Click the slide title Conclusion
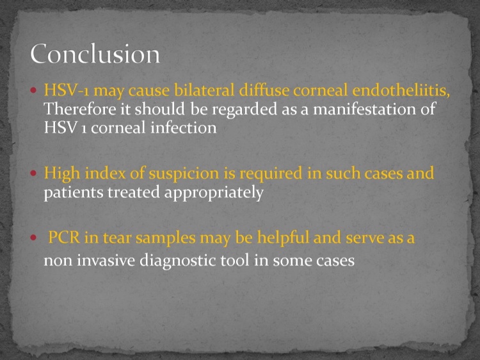(x=95, y=54)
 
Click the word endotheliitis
(x=401, y=90)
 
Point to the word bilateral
(x=204, y=90)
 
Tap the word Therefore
(x=80, y=109)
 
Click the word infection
(x=184, y=127)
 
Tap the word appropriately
(x=214, y=193)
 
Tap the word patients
(x=74, y=193)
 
